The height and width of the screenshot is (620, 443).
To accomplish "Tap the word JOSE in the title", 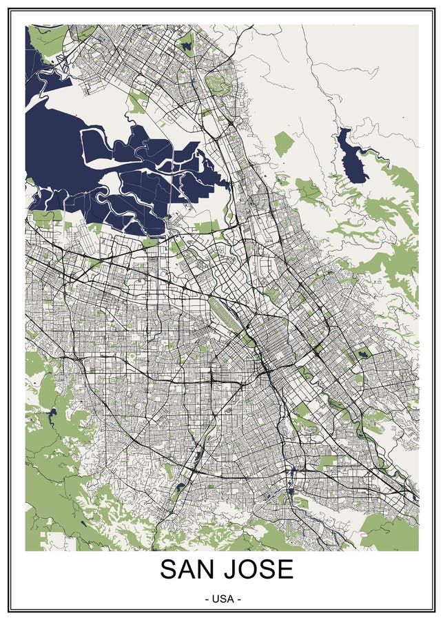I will click(256, 570).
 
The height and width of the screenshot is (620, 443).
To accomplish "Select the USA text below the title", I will click(223, 599).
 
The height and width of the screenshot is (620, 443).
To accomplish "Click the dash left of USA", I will click(208, 599).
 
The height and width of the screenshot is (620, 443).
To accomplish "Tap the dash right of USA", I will click(238, 599).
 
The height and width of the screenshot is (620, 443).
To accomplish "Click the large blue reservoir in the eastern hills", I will click(351, 155).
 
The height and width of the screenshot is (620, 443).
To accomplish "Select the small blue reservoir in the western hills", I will click(52, 413).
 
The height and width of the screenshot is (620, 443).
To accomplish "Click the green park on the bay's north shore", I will click(137, 103).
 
